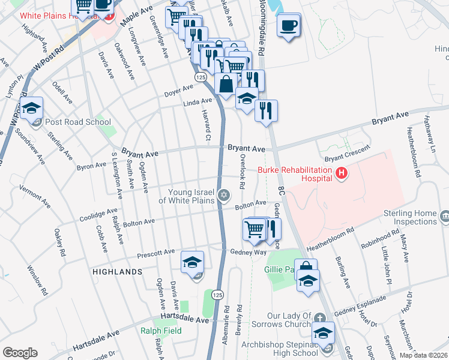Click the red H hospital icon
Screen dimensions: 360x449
coord(342,174)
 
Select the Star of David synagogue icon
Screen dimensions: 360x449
coord(224,194)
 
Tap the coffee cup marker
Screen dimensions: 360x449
coord(289,26)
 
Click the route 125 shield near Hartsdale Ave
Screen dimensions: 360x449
coord(217,295)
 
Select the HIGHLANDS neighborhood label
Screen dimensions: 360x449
coord(118,272)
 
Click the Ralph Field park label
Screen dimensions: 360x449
coord(161,330)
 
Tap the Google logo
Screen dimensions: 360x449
coord(20,353)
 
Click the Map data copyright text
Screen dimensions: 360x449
coord(423,355)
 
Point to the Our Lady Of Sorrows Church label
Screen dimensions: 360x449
coord(290,320)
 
